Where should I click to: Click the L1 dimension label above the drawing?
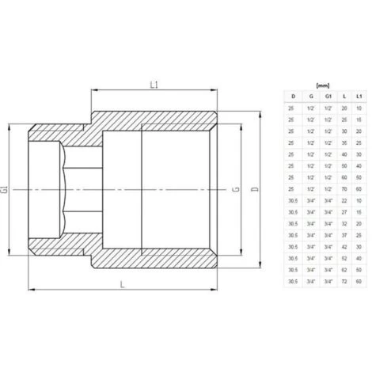coord(155,82)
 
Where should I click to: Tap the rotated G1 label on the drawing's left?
coord(6,189)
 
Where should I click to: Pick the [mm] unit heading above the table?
coord(322,83)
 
